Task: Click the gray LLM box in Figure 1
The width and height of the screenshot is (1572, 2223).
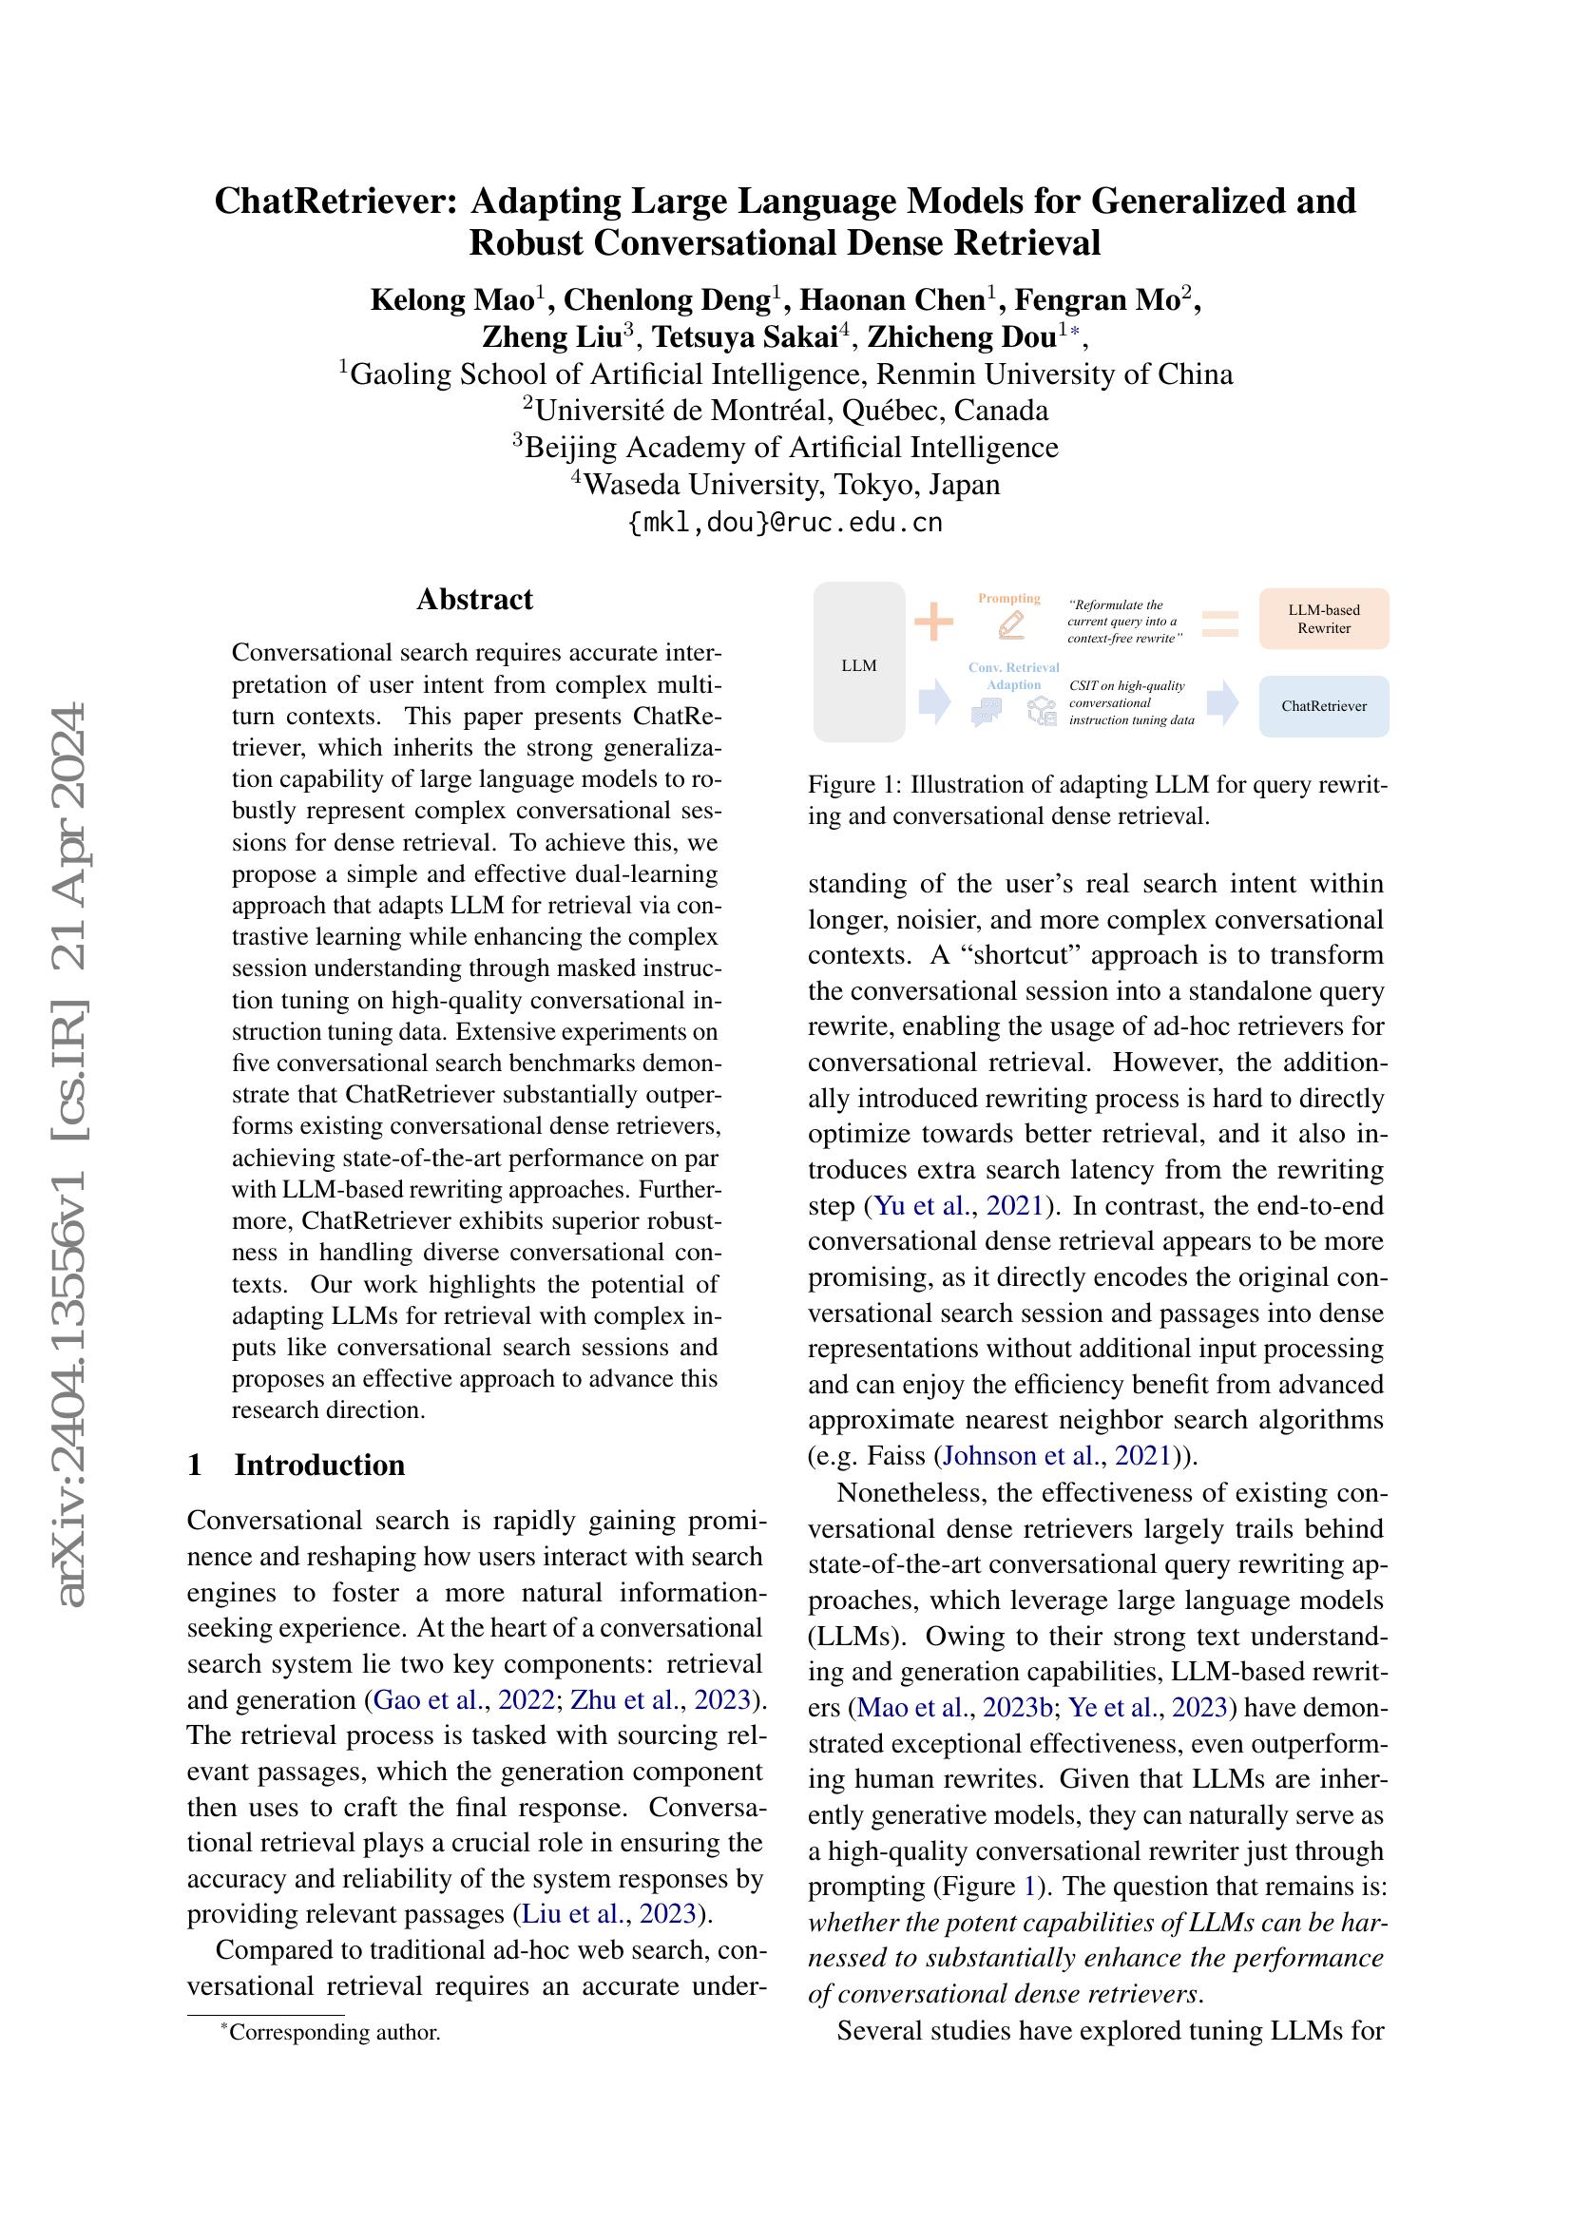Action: tap(858, 662)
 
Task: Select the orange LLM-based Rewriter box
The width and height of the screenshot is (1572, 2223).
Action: tap(1323, 619)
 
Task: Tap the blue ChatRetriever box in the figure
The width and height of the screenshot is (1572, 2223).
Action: tap(1323, 706)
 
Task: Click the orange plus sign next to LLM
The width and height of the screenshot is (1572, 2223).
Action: tap(934, 622)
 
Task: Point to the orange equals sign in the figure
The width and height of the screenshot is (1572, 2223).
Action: tap(1219, 623)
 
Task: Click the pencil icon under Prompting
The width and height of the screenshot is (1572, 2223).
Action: tap(1009, 625)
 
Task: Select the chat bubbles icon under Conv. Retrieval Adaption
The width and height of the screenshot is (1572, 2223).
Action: tap(986, 714)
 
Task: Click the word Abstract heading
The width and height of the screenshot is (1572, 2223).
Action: tap(474, 600)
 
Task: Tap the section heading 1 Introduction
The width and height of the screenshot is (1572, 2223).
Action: tap(297, 1464)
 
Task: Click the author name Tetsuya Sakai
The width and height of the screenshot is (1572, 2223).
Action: tap(744, 337)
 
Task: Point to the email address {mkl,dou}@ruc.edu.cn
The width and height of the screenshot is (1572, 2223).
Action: tap(785, 523)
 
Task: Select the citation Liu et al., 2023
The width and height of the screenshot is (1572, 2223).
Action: tap(609, 1913)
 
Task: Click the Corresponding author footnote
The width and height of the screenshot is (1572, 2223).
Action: tap(330, 2032)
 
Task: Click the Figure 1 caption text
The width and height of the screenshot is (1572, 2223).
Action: tap(1098, 799)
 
